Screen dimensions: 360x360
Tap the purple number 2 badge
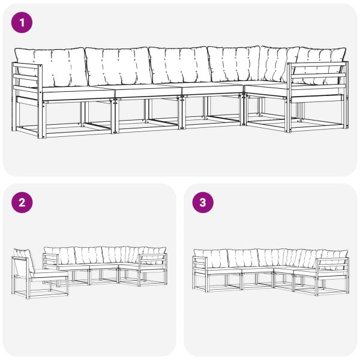click(x=22, y=203)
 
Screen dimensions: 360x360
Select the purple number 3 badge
click(x=203, y=203)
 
